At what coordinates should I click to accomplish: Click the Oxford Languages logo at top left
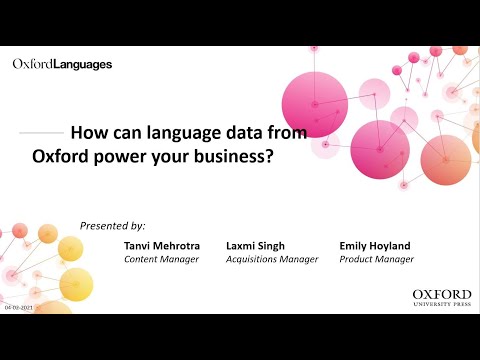coord(62,64)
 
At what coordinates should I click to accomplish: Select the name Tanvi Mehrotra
coord(163,244)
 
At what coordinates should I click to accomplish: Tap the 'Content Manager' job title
coord(161,259)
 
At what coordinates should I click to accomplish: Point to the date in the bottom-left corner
coord(17,309)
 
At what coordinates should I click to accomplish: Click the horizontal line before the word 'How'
coord(41,132)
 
